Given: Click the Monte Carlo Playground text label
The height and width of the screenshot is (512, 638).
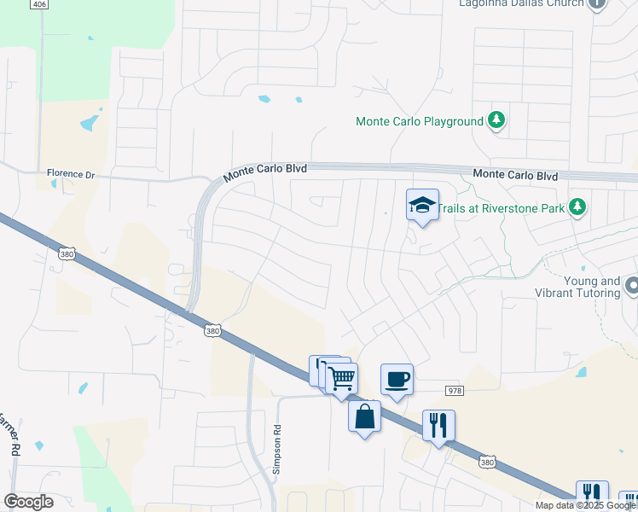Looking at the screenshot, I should click(419, 121).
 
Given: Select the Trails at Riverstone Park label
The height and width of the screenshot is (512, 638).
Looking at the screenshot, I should click(505, 207).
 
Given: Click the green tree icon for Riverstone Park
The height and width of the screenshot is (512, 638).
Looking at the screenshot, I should click(577, 207).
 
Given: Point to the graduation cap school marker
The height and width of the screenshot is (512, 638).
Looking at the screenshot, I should click(422, 205).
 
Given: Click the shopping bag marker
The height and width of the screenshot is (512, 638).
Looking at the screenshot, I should click(364, 416).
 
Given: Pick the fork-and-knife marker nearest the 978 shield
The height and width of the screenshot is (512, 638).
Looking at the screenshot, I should click(438, 424).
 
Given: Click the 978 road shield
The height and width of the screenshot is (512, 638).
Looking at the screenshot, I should click(454, 390).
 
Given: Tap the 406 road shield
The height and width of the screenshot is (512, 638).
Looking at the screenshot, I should click(38, 4).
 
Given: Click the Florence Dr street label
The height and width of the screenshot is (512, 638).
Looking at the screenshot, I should click(71, 173).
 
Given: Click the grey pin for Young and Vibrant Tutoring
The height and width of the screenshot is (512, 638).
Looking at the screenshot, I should click(631, 284).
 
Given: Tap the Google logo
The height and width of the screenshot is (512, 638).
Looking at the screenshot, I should click(28, 502).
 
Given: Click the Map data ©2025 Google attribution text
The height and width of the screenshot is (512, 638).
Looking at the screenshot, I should click(585, 505).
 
